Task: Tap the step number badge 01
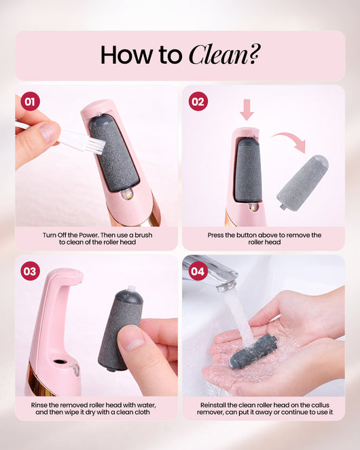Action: pyautogui.click(x=29, y=102)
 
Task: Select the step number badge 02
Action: pyautogui.click(x=198, y=102)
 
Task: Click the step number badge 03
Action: pyautogui.click(x=30, y=271)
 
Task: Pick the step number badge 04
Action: pyautogui.click(x=197, y=271)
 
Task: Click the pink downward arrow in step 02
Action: pyautogui.click(x=247, y=109)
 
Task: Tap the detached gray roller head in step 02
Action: pyautogui.click(x=303, y=181)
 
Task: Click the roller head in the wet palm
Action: pyautogui.click(x=253, y=351)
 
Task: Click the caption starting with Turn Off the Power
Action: pyautogui.click(x=97, y=238)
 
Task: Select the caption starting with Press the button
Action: pyautogui.click(x=264, y=238)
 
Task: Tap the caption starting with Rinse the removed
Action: pyautogui.click(x=97, y=409)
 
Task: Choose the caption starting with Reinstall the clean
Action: pyautogui.click(x=264, y=409)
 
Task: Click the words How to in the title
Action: pyautogui.click(x=141, y=55)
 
